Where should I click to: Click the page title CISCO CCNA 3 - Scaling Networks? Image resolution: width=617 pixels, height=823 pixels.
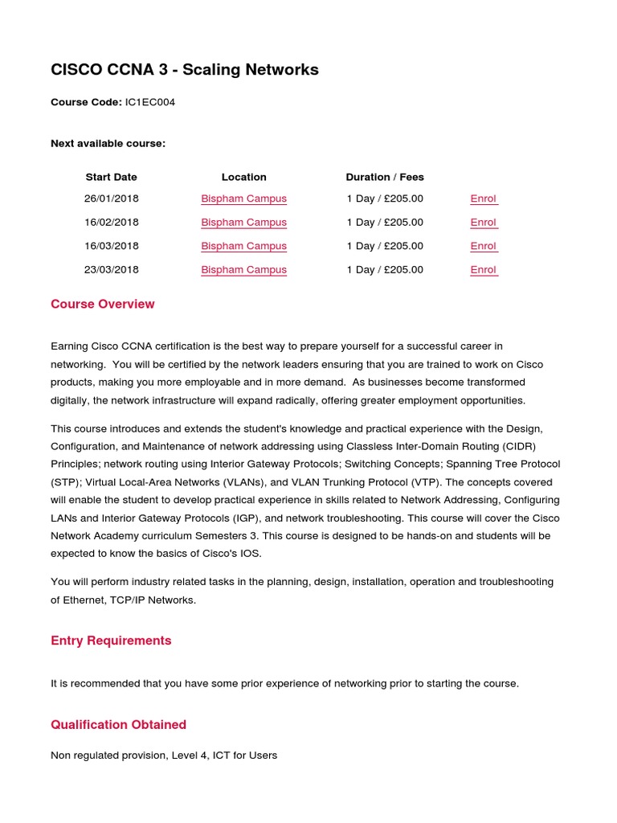[x=184, y=70]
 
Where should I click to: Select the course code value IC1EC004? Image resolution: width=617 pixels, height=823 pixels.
[x=150, y=102]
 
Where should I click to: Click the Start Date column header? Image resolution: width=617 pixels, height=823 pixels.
[x=111, y=177]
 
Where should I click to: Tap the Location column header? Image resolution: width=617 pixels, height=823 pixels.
[x=243, y=177]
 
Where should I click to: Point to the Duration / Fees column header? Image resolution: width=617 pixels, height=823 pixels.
[x=384, y=177]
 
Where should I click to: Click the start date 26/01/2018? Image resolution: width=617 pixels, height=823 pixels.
[x=111, y=199]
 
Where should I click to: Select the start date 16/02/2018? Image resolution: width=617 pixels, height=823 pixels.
[x=111, y=222]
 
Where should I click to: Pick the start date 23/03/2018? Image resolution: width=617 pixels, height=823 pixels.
[x=111, y=269]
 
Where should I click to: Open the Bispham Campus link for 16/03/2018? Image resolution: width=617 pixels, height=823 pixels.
[x=243, y=246]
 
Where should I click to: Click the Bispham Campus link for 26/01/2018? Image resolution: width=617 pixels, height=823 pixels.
[x=243, y=199]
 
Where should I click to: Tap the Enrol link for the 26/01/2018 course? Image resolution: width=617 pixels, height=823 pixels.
[x=483, y=199]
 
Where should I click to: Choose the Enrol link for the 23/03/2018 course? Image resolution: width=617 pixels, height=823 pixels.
[x=483, y=269]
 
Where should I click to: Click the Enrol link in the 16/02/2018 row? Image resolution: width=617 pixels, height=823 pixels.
[x=483, y=222]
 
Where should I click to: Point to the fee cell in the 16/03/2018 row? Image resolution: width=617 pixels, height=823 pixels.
[x=384, y=246]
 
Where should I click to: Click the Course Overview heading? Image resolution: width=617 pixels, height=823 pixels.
[x=102, y=304]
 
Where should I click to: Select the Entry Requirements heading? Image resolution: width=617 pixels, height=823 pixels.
[x=111, y=641]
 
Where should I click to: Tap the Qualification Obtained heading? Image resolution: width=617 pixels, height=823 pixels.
[x=118, y=724]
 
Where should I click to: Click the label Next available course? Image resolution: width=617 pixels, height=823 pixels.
[x=108, y=143]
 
